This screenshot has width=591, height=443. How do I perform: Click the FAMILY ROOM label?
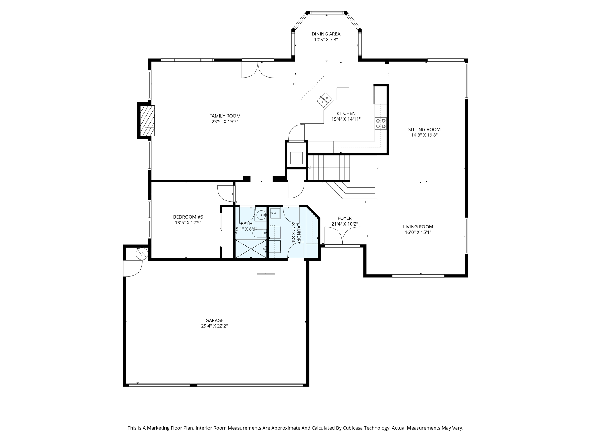[x=225, y=116]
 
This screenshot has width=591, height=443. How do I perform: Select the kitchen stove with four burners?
[x=381, y=123]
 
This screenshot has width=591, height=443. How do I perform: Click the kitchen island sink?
[x=324, y=100]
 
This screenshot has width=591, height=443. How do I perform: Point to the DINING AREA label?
[x=326, y=34]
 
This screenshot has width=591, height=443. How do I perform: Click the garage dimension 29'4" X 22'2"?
[x=214, y=326]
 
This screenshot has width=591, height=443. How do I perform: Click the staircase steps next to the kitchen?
[x=329, y=168]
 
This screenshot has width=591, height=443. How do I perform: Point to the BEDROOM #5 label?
[x=188, y=217]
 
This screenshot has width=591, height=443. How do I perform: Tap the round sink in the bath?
[x=261, y=215]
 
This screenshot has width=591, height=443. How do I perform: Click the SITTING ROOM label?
[x=424, y=129]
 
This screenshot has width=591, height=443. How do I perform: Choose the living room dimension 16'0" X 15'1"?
[x=418, y=232]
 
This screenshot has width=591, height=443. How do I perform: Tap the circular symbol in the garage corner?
[x=142, y=254]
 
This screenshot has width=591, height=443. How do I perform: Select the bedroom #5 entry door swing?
[x=226, y=193]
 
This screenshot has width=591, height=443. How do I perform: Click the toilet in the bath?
[x=258, y=232]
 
